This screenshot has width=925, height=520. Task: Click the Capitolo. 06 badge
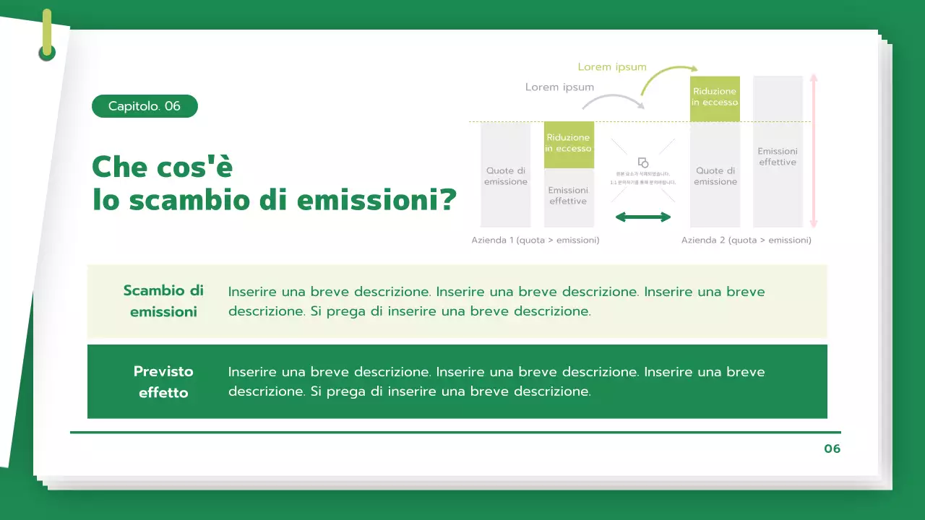[145, 106]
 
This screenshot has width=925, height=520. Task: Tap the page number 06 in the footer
[832, 448]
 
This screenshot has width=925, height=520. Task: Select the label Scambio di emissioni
[163, 301]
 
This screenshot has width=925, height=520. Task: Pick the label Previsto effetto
[163, 382]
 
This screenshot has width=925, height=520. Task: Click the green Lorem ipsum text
[612, 67]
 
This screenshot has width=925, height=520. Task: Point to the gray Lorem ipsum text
[559, 87]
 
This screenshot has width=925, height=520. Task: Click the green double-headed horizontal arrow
[643, 217]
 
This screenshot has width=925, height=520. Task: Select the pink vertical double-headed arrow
[814, 152]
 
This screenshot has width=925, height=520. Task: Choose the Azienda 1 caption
[535, 240]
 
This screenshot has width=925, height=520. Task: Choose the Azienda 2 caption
[746, 240]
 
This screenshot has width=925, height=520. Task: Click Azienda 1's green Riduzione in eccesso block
[569, 144]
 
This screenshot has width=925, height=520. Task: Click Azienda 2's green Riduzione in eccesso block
[715, 97]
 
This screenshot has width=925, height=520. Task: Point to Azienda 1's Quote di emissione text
[506, 176]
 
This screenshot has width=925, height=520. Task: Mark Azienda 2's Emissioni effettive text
[778, 157]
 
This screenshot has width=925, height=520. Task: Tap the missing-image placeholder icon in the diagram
[643, 163]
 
